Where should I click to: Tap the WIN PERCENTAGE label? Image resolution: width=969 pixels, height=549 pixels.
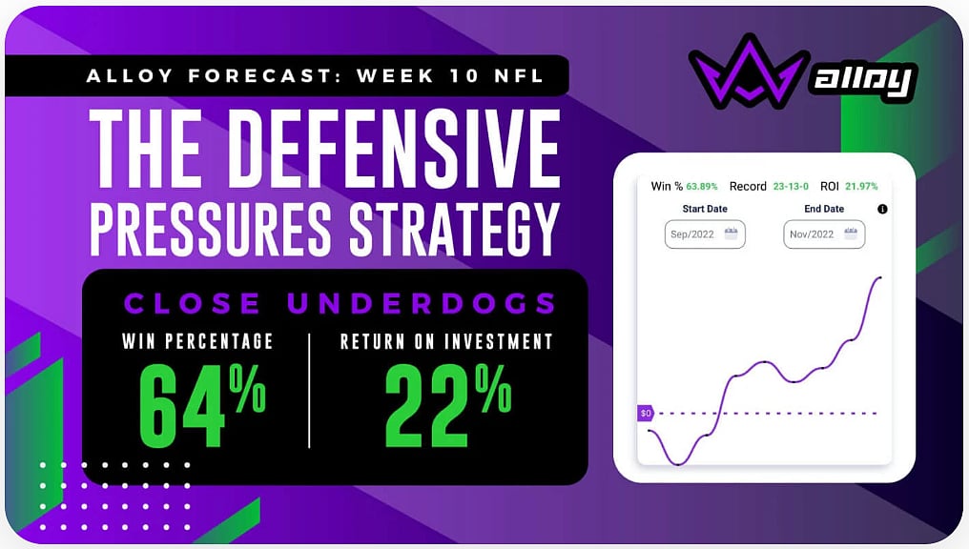click(198, 341)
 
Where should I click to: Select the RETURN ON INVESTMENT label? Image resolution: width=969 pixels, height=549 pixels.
click(446, 341)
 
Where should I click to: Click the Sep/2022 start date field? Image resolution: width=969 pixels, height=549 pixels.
click(705, 234)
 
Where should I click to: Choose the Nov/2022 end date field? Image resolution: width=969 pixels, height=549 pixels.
click(824, 234)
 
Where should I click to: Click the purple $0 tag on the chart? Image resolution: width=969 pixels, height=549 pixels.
click(646, 414)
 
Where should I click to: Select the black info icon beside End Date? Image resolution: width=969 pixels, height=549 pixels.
click(882, 210)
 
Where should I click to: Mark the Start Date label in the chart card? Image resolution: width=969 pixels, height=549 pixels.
click(704, 209)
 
